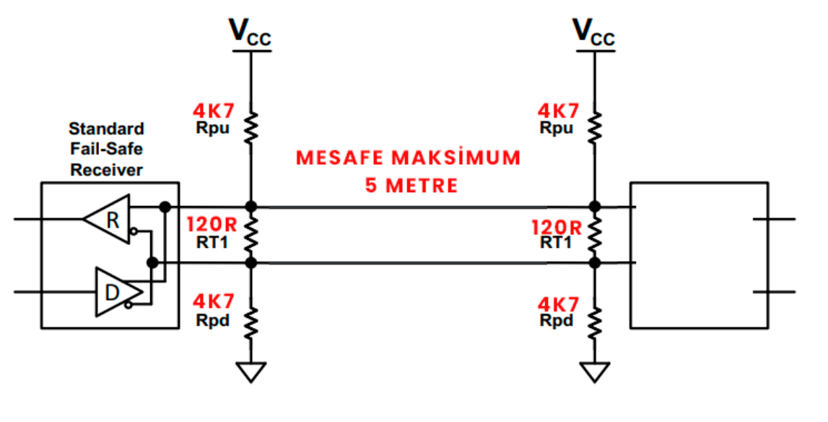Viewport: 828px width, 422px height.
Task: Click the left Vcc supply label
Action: pyautogui.click(x=250, y=33)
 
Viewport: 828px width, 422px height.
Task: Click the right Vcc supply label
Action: pyautogui.click(x=593, y=33)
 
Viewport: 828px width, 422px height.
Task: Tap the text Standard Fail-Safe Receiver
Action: pyautogui.click(x=106, y=149)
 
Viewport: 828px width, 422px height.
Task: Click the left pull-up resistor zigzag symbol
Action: pyautogui.click(x=250, y=129)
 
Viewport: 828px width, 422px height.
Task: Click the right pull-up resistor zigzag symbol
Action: pyautogui.click(x=594, y=129)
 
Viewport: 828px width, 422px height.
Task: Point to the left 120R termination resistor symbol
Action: pyautogui.click(x=250, y=234)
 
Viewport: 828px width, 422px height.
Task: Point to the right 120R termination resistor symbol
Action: pyautogui.click(x=594, y=234)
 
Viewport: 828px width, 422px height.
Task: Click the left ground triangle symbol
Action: pyautogui.click(x=250, y=371)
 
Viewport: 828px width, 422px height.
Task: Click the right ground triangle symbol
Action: pyautogui.click(x=594, y=371)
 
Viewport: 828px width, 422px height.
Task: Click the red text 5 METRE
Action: pyautogui.click(x=411, y=185)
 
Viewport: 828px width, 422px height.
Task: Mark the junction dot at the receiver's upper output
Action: pyautogui.click(x=165, y=207)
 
